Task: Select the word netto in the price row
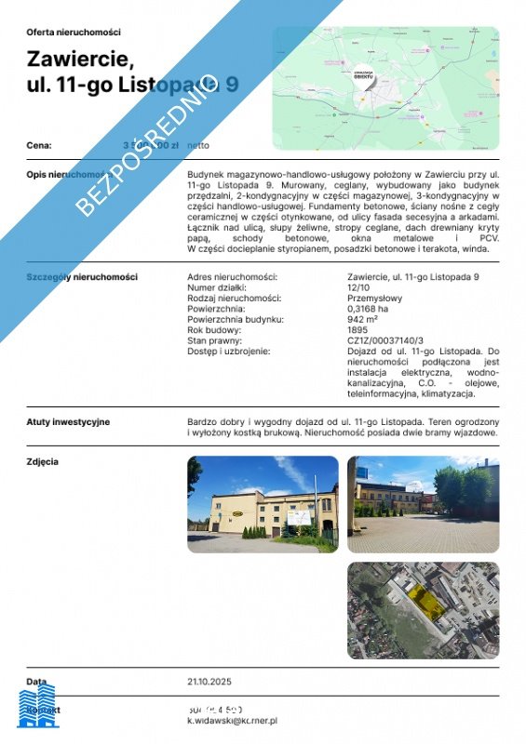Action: (198, 145)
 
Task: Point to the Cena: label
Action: (39, 145)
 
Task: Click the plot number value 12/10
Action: (357, 287)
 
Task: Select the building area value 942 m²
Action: (362, 319)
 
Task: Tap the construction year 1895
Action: (357, 330)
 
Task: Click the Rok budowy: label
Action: (214, 330)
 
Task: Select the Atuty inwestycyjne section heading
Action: (68, 421)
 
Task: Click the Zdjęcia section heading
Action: (43, 460)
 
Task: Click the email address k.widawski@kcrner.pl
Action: (233, 720)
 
